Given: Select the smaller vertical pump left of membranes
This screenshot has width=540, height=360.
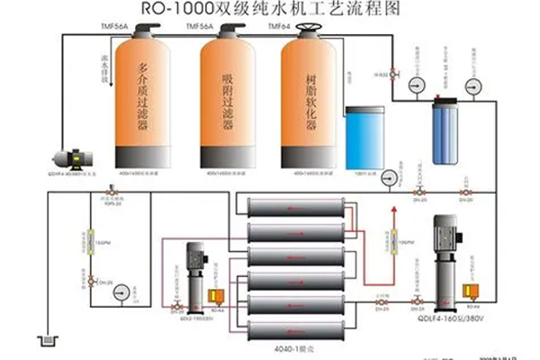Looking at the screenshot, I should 197,271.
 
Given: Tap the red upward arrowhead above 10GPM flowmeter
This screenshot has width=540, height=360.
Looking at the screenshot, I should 391,213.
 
